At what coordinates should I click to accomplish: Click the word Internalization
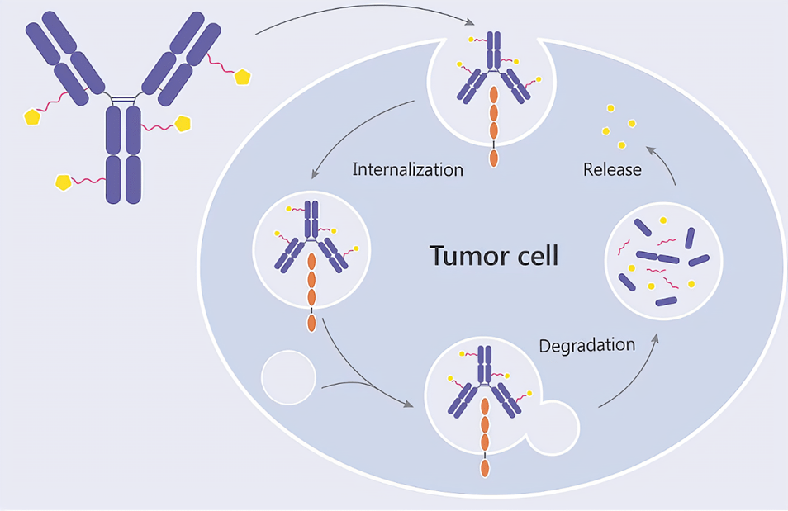tap(407, 170)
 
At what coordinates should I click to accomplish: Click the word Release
tap(612, 170)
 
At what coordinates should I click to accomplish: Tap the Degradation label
tap(586, 345)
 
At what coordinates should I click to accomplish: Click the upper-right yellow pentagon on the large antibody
tap(242, 77)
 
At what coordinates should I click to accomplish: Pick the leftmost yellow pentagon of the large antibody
tap(32, 116)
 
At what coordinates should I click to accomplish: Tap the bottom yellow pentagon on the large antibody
tap(63, 181)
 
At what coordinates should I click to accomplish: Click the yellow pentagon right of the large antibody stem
tap(183, 123)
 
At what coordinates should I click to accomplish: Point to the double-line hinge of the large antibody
tap(123, 100)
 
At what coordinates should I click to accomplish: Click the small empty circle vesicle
tap(288, 376)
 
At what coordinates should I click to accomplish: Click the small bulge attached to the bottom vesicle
tap(553, 427)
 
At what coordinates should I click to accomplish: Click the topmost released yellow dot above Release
tap(610, 108)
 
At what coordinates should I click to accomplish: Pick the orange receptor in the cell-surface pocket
tap(494, 120)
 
